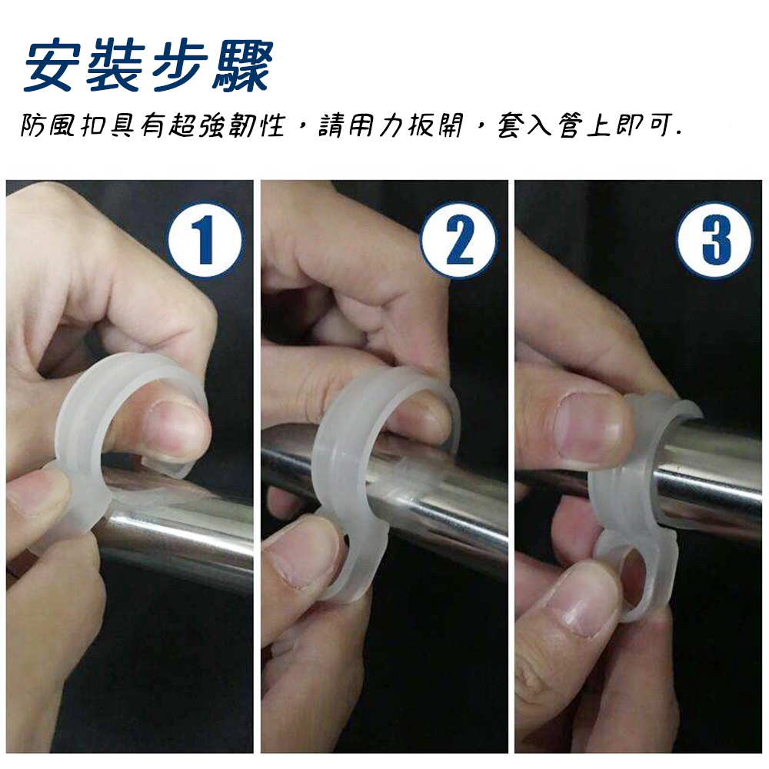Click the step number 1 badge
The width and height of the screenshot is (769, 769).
click(205, 240)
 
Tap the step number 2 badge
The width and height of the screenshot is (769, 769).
click(458, 240)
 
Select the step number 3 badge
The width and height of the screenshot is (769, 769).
click(714, 240)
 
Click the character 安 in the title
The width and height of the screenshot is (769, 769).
click(52, 65)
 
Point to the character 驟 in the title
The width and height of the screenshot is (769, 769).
click(241, 65)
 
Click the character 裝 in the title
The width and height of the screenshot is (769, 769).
click(116, 65)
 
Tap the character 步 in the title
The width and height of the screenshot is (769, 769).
click(179, 65)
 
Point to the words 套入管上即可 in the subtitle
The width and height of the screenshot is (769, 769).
click(584, 125)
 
